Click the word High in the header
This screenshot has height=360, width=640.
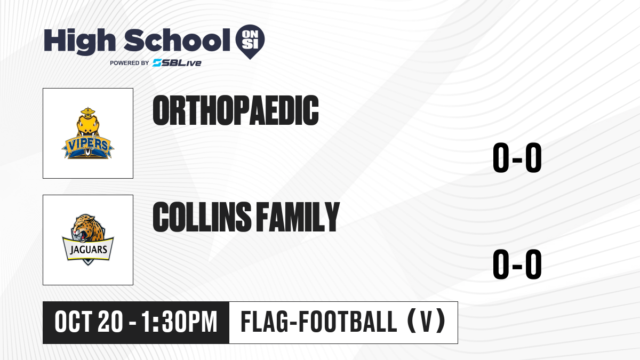tap(79, 41)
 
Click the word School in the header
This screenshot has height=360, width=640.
tap(177, 40)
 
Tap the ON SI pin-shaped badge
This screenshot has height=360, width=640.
tap(250, 42)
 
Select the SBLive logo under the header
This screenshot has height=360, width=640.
tap(177, 63)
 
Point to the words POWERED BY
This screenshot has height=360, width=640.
tap(130, 63)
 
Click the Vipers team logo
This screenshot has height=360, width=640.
tap(88, 133)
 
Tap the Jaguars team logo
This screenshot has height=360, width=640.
tap(88, 239)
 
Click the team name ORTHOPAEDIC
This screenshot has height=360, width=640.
tap(236, 110)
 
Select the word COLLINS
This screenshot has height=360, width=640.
tap(202, 217)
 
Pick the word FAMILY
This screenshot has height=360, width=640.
tap(298, 217)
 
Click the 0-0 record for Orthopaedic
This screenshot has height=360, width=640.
tap(517, 157)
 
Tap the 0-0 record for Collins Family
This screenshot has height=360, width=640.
tap(517, 264)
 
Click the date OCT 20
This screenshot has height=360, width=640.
tap(89, 322)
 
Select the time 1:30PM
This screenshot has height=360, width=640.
tap(179, 322)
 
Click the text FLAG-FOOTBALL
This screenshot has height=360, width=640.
tap(319, 322)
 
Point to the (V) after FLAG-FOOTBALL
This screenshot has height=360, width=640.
tap(426, 322)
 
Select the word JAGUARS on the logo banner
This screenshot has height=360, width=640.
tap(89, 250)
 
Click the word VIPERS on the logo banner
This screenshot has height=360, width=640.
tap(87, 145)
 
